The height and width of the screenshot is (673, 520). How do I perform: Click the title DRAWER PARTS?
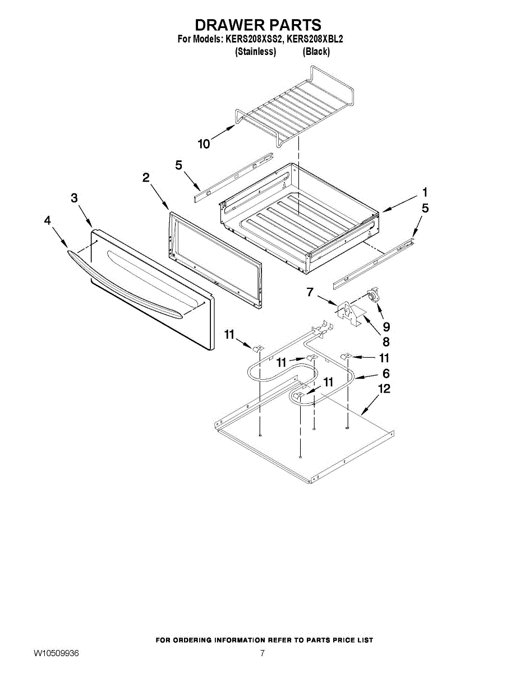pyautogui.click(x=258, y=25)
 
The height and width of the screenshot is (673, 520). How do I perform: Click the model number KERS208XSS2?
pyautogui.click(x=254, y=40)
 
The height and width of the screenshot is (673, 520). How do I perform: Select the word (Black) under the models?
pyautogui.click(x=316, y=52)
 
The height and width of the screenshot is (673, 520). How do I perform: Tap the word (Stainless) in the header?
pyautogui.click(x=255, y=52)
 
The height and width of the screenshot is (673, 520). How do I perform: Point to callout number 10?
pyautogui.click(x=204, y=144)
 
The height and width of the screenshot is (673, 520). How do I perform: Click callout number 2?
pyautogui.click(x=146, y=178)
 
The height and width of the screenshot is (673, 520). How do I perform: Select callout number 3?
pyautogui.click(x=74, y=198)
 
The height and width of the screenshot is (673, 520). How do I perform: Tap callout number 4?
pyautogui.click(x=47, y=221)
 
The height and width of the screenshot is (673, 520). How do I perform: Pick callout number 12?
pyautogui.click(x=385, y=388)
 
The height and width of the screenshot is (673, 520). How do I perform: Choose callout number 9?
pyautogui.click(x=386, y=326)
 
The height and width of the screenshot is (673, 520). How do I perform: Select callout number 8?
pyautogui.click(x=386, y=342)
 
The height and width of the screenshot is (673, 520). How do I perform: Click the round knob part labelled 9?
pyautogui.click(x=372, y=296)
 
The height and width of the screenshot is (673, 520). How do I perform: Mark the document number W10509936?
pyautogui.click(x=56, y=653)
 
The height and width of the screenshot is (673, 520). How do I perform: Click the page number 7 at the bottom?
pyautogui.click(x=262, y=653)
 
